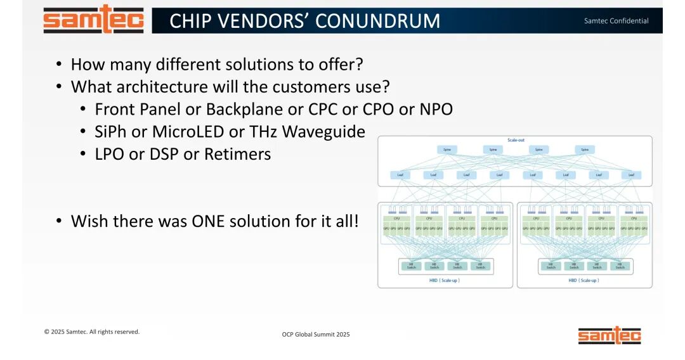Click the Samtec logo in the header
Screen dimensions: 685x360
(x=93, y=19)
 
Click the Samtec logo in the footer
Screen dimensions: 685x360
(x=609, y=335)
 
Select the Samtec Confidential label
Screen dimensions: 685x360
(x=616, y=21)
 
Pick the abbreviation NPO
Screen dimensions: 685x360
(x=436, y=109)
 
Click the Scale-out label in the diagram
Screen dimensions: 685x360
(x=516, y=140)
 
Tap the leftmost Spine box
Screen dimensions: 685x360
(x=447, y=150)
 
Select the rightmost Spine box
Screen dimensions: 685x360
(x=585, y=150)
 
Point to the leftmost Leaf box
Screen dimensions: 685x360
(x=401, y=175)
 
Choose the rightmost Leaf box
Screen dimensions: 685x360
(x=631, y=175)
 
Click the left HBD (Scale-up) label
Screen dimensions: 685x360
(x=445, y=280)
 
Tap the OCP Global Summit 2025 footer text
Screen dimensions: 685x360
(x=316, y=334)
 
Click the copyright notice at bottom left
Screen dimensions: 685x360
(x=91, y=331)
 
